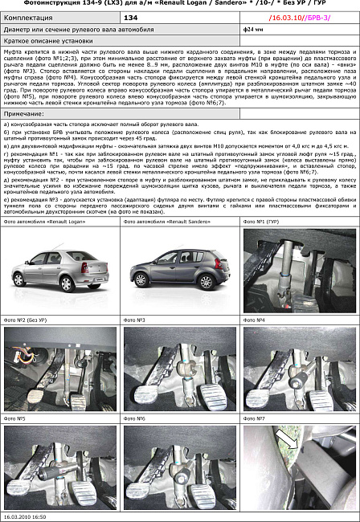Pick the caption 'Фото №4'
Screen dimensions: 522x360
pos(256,320)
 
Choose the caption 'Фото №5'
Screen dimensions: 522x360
pos(16,418)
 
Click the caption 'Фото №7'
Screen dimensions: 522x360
pos(256,418)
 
